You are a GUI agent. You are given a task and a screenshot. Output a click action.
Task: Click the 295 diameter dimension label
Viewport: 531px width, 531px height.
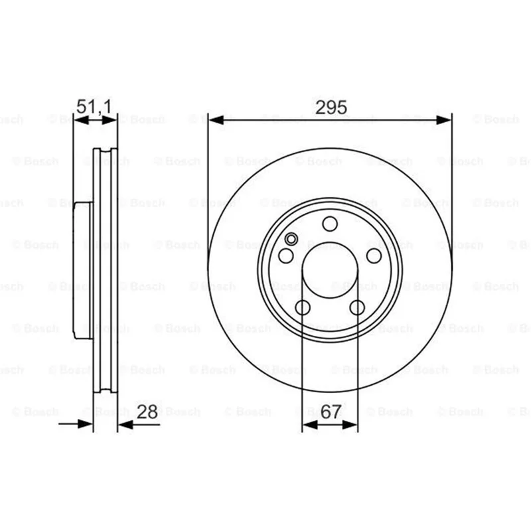[331, 108]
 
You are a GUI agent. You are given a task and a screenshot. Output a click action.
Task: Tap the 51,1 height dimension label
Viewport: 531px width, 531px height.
[94, 107]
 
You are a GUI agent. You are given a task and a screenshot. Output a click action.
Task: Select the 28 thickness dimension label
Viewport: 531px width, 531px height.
[147, 412]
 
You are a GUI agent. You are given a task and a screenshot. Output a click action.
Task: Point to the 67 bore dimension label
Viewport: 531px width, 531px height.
[331, 412]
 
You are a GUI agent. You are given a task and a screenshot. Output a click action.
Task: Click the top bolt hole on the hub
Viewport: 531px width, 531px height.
[330, 224]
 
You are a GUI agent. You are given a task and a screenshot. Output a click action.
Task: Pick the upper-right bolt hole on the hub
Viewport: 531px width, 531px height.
[374, 256]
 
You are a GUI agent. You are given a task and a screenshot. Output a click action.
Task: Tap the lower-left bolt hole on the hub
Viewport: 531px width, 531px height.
[303, 307]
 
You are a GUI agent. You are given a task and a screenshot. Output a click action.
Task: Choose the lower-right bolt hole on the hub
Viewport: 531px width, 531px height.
[357, 307]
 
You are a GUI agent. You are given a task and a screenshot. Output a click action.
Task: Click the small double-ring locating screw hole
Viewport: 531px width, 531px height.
[291, 239]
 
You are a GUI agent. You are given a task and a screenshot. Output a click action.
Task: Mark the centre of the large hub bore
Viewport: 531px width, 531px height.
[330, 270]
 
